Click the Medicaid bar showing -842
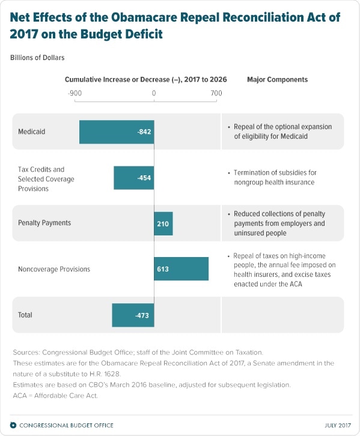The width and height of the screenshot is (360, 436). click(117, 131)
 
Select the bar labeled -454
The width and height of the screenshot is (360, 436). click(134, 178)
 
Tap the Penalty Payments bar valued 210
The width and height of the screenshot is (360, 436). click(163, 223)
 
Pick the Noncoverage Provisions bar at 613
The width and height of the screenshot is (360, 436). click(182, 269)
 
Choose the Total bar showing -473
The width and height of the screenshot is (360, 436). click(133, 315)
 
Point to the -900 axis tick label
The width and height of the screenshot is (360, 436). click(75, 93)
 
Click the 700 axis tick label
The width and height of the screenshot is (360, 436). click(216, 93)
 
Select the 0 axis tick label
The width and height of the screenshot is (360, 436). click(154, 93)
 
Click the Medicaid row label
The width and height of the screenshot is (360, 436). click(31, 131)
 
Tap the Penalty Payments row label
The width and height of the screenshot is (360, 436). click(44, 223)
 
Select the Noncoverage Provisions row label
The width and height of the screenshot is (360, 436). click(54, 269)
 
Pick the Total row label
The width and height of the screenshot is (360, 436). click(25, 315)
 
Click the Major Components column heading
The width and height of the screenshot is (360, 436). click(277, 79)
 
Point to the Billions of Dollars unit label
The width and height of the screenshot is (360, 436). click(37, 58)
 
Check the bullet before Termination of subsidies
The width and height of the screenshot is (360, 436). click(229, 173)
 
